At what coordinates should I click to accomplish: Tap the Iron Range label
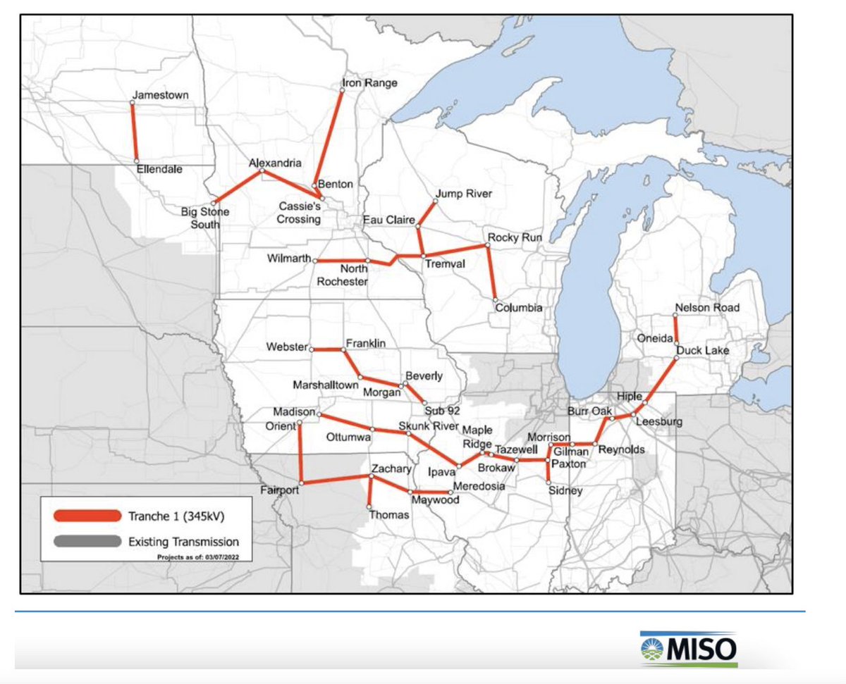point(369,83)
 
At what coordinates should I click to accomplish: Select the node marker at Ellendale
point(137,161)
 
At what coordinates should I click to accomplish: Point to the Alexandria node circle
point(262,171)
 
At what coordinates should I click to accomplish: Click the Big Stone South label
point(205,218)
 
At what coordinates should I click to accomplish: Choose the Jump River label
point(463,194)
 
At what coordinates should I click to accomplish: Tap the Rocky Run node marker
point(488,246)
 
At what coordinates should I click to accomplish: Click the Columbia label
point(518,308)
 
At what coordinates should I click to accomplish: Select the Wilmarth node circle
point(314,261)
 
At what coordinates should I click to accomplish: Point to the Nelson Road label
point(707,308)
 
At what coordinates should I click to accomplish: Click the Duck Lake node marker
point(675,358)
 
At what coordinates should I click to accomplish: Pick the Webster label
point(287,347)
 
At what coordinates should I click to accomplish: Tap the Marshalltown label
point(325,386)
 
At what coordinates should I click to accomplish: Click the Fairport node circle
point(301,483)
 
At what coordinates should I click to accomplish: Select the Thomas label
point(388,516)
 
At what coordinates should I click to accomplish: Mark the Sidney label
point(566,491)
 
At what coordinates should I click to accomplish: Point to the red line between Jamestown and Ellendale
point(135,132)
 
